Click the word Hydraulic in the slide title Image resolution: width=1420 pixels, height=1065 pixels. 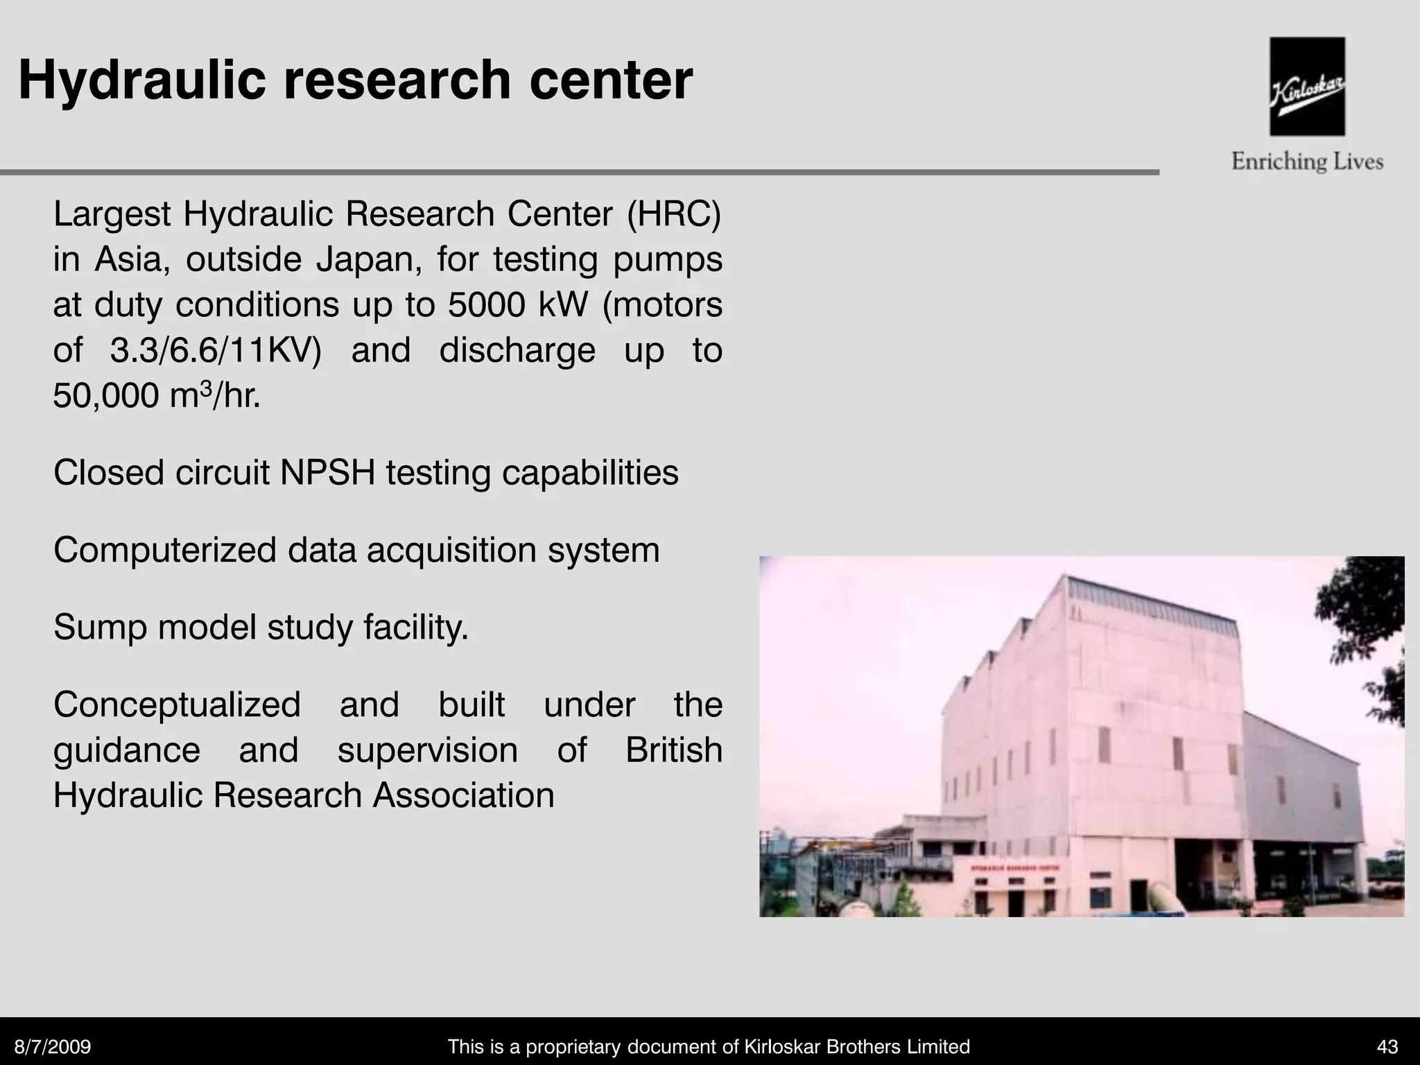point(142,80)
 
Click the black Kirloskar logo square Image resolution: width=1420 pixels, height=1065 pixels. point(1307,86)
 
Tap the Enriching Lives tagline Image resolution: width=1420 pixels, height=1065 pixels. point(1307,162)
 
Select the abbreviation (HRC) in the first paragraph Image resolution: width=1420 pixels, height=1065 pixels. point(674,214)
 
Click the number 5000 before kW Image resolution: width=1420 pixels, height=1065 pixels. point(486,304)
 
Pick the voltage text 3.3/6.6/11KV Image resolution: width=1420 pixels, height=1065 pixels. point(216,350)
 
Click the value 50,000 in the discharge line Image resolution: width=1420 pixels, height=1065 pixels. point(106,396)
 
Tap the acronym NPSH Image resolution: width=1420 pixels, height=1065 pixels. point(328,473)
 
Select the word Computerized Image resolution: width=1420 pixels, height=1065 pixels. point(165,550)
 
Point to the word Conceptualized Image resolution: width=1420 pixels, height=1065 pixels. point(177,704)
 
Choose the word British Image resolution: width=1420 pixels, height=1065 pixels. point(674,750)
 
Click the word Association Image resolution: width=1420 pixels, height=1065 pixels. point(464,795)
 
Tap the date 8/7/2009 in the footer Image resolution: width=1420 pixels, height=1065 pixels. point(53,1047)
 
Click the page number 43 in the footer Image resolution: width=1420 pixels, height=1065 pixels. point(1387,1047)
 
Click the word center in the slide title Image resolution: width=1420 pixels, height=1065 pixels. point(611,80)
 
